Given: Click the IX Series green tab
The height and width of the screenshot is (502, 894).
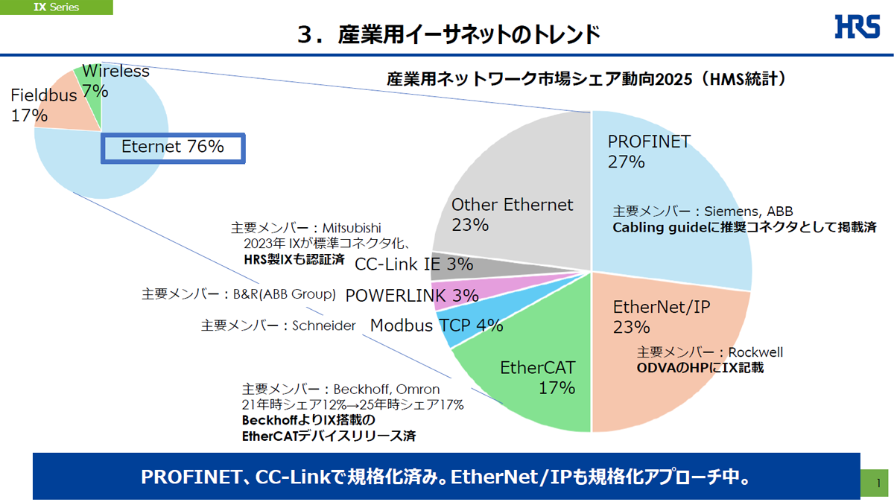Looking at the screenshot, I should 57,7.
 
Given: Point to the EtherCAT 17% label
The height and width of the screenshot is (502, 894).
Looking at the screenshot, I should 538,377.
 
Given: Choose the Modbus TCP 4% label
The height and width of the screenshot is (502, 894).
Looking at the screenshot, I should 437,325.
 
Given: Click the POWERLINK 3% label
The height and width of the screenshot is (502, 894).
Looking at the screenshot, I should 412,296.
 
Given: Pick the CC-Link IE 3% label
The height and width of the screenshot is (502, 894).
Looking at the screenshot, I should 413,264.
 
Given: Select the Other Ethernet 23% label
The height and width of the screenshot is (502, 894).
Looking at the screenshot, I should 512,214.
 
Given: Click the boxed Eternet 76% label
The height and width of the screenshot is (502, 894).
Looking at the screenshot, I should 173,147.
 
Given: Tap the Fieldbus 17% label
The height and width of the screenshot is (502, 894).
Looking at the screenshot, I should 43,105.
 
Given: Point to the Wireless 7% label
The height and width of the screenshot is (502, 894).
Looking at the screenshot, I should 115,81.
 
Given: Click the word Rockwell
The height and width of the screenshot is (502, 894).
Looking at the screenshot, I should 755,352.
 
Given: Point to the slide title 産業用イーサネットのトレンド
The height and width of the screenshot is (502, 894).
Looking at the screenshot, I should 448,34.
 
